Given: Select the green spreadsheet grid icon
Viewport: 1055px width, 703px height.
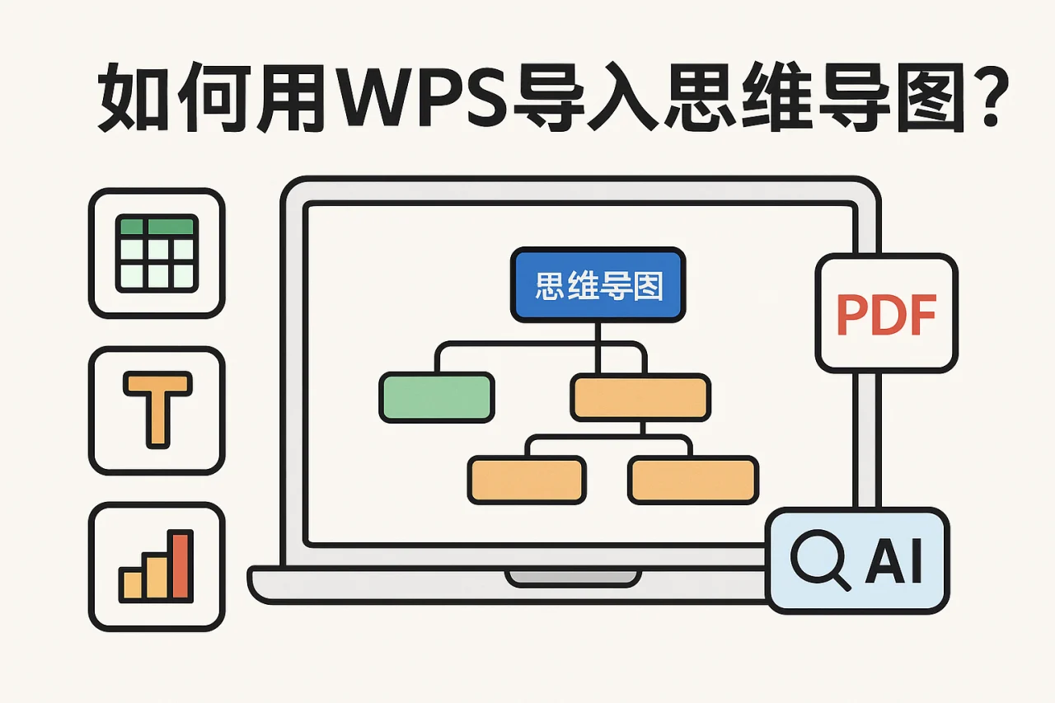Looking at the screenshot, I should click(157, 252).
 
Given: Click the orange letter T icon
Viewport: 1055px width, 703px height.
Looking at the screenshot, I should click(157, 410).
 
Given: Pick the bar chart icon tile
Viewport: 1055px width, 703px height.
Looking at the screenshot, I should click(157, 567).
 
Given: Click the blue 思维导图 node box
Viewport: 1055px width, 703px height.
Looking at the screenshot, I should click(598, 284).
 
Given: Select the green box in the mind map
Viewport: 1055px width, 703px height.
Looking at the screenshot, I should click(437, 396).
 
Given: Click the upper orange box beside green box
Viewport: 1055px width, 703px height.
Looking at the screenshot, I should click(640, 396).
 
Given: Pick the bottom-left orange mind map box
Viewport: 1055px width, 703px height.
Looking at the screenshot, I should click(527, 480).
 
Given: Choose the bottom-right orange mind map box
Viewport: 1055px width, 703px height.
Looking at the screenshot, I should click(693, 480).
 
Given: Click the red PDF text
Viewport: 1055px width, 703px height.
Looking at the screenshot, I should click(886, 314).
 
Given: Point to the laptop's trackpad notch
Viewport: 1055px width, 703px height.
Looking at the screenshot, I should click(573, 577).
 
